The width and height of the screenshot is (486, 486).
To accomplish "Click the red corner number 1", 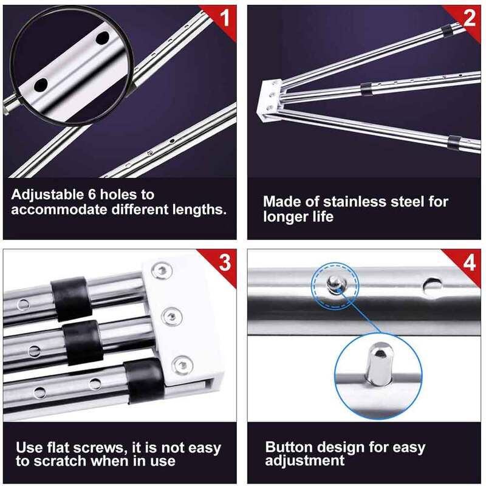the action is click(225, 18).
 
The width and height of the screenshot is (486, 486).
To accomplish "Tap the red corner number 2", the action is click(469, 18).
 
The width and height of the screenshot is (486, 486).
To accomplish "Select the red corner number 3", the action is click(225, 262).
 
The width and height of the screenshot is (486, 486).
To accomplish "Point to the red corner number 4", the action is click(470, 262).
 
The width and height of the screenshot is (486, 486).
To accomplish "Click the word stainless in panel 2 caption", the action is click(355, 202).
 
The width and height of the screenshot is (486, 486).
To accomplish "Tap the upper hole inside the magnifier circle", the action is click(102, 38).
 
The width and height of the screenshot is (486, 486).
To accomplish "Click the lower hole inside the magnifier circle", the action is click(41, 85).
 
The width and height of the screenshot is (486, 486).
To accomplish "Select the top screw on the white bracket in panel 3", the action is click(162, 271).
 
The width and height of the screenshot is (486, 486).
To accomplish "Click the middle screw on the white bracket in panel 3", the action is click(172, 317).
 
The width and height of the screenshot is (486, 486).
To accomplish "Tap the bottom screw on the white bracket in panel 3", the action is click(182, 365).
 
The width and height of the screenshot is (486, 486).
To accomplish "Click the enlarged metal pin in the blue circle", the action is click(377, 364).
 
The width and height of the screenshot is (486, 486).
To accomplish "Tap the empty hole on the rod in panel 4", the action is click(432, 286).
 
